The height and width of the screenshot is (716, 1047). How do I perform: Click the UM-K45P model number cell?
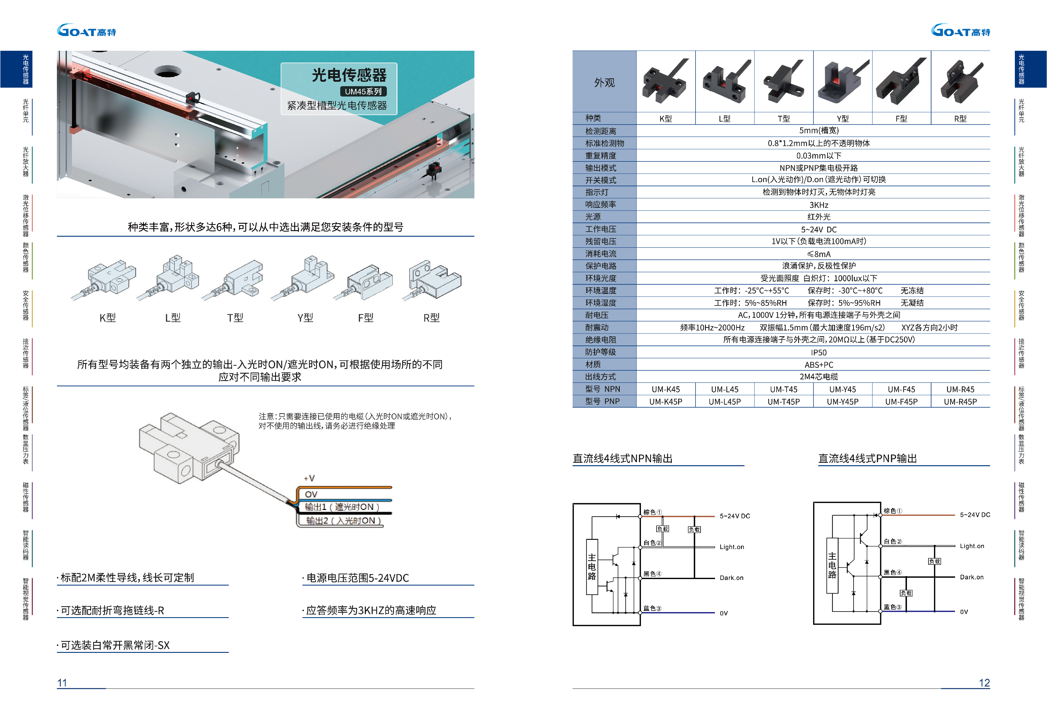click(x=665, y=402)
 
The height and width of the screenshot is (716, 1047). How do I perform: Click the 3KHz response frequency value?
click(x=818, y=205)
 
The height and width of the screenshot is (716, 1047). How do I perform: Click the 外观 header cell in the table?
click(x=604, y=83)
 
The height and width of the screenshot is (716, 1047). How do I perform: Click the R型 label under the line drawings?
click(x=431, y=318)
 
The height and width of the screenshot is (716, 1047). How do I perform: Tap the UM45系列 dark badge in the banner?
click(x=363, y=91)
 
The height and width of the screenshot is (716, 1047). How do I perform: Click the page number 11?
click(x=62, y=683)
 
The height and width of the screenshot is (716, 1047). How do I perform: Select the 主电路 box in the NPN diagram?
click(x=592, y=567)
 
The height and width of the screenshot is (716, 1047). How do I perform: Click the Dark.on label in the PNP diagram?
click(x=971, y=577)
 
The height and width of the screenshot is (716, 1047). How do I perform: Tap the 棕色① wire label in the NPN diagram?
click(x=652, y=512)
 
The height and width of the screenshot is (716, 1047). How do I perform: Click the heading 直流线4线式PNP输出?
click(x=867, y=459)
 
